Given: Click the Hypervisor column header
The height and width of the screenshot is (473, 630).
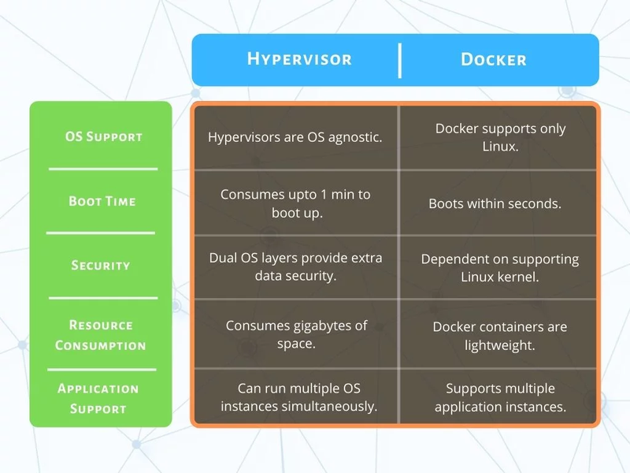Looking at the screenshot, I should [x=299, y=59].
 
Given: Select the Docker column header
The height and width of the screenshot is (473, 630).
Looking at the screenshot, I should [x=494, y=60].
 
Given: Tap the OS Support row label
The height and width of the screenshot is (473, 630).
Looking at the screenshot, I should [x=104, y=136].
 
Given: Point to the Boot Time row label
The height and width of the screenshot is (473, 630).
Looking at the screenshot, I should [x=102, y=201].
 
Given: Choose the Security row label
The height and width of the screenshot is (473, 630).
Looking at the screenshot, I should [x=101, y=265].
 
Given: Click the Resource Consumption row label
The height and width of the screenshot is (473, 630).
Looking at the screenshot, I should [x=101, y=335].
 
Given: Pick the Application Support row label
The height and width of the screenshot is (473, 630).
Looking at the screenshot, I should [x=98, y=398].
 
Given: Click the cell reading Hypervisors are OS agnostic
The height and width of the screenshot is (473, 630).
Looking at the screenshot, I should [x=295, y=137].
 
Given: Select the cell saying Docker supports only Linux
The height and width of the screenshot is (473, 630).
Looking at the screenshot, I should [x=500, y=137].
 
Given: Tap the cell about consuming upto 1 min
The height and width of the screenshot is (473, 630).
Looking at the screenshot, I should [x=295, y=203].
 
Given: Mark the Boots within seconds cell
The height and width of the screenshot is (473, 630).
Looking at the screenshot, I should [x=495, y=203].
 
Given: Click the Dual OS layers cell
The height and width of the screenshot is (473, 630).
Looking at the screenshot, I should [x=295, y=267].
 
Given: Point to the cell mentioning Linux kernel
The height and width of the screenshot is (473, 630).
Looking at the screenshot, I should [x=499, y=268].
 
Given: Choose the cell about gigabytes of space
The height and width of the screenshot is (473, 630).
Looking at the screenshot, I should [x=296, y=333].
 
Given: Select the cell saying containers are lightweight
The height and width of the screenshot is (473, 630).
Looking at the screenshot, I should [x=499, y=335].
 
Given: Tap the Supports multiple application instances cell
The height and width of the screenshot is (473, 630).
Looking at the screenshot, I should [x=500, y=397].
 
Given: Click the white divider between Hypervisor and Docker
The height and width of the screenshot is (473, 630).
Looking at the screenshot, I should [x=399, y=61].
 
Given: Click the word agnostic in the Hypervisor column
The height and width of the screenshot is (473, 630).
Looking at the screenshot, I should [x=355, y=137].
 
